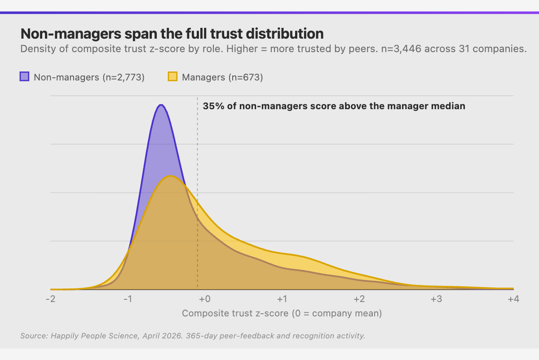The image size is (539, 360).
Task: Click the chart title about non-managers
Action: click(x=172, y=34)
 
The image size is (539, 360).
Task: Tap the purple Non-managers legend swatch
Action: click(x=24, y=77)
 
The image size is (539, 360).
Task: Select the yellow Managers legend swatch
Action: click(x=172, y=77)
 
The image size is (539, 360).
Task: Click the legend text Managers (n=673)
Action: click(x=222, y=77)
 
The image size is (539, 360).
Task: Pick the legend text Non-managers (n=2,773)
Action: click(x=89, y=77)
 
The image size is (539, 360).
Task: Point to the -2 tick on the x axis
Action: click(x=50, y=299)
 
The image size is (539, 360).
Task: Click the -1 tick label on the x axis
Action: click(x=128, y=299)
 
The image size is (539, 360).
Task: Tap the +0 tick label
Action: click(x=205, y=299)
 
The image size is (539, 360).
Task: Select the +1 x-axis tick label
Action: click(x=282, y=299)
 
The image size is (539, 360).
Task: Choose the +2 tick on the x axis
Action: click(x=359, y=299)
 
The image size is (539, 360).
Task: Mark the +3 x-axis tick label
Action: click(x=436, y=299)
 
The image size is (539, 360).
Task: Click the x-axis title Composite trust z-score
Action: click(x=282, y=313)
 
